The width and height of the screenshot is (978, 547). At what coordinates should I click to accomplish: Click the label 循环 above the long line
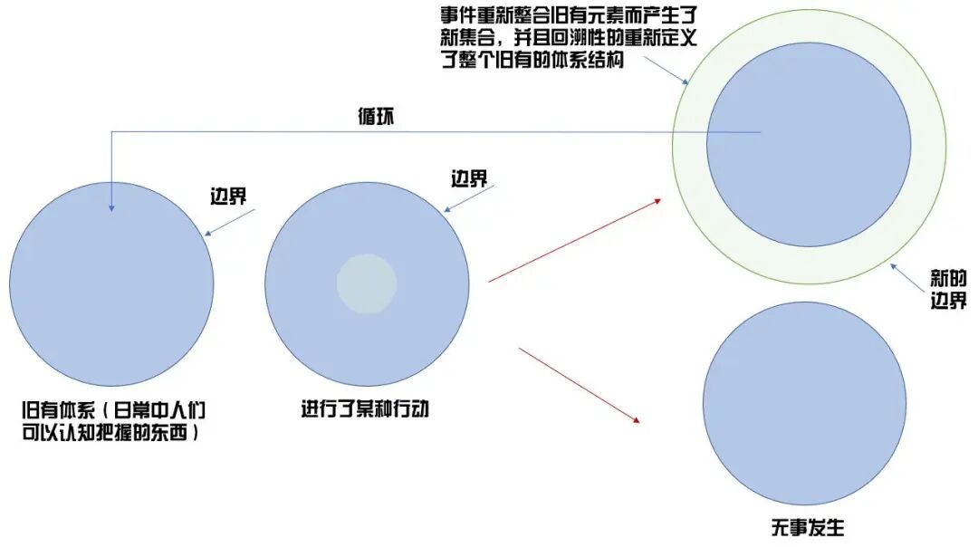(376, 117)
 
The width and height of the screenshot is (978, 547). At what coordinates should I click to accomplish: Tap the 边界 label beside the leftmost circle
(228, 196)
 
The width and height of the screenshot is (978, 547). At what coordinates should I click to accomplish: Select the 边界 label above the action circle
(469, 178)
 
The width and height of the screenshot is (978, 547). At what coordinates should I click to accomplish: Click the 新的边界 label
(948, 289)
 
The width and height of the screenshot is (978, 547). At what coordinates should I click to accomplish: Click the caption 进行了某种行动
(365, 408)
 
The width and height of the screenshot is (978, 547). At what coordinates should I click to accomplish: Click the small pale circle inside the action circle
(367, 283)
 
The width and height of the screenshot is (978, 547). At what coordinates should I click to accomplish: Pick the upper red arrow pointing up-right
(575, 241)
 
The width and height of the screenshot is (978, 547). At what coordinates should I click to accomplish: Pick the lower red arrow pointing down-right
(580, 384)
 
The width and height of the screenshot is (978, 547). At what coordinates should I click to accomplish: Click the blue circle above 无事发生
(804, 403)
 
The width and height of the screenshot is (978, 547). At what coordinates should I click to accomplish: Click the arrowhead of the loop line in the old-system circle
(111, 207)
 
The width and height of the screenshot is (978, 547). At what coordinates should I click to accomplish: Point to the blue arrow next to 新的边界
(909, 276)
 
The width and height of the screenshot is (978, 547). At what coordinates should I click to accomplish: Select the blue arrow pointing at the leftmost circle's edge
(231, 223)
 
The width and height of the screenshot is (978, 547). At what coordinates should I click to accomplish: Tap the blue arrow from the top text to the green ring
(666, 72)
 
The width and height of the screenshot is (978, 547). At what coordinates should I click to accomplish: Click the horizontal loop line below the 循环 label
(435, 132)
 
